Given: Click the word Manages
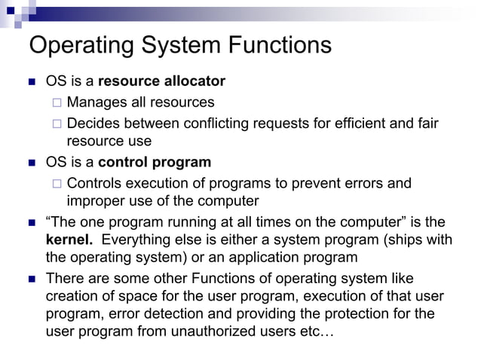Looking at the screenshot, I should tap(96, 102).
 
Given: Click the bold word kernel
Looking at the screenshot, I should tap(69, 240).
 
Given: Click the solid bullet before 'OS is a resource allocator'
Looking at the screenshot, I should tap(31, 81).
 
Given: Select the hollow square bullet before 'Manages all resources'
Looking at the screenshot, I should tap(54, 102).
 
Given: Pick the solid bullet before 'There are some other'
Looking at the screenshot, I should tap(31, 279).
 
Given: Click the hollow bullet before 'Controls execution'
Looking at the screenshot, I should tap(54, 183).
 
